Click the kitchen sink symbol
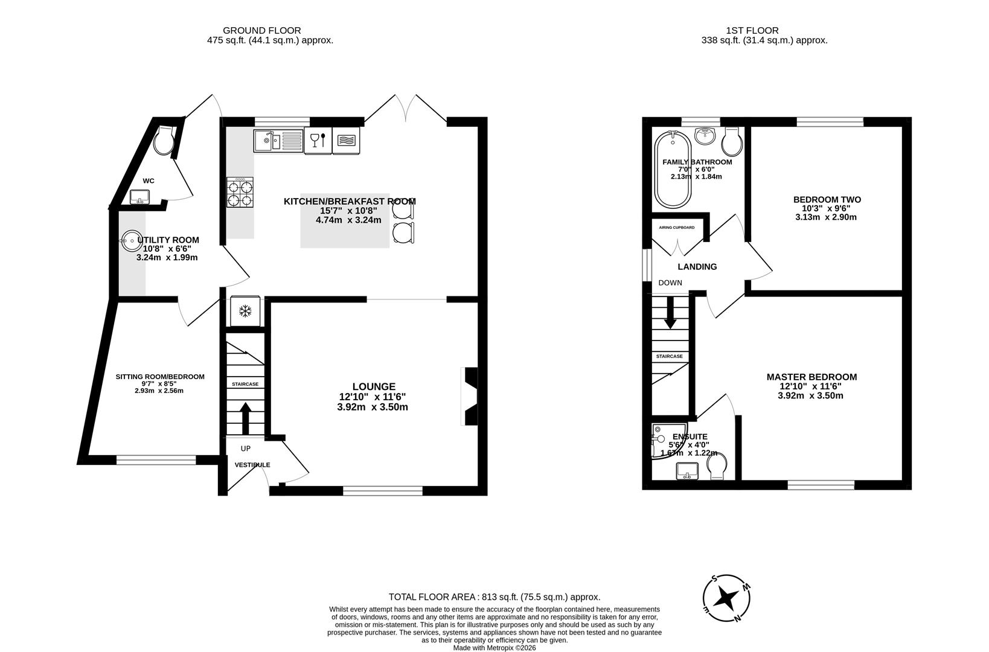278,141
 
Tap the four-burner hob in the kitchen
240,192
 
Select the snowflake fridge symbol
245,312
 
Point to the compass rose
726,598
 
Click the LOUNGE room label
374,386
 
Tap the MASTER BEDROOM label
811,377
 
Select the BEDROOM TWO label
827,199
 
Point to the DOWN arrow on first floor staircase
670,315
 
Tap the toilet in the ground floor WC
164,141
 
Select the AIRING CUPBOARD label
676,228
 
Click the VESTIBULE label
252,465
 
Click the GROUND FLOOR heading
261,30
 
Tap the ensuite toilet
716,467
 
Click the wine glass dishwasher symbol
318,141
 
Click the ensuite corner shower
663,441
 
